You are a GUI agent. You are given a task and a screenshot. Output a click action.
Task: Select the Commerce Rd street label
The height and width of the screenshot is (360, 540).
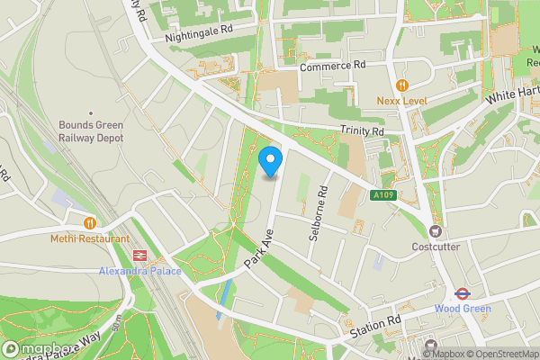333,67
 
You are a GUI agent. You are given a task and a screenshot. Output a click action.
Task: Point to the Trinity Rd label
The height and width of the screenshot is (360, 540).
362,131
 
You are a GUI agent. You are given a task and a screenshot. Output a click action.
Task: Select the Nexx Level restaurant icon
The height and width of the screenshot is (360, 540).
401,85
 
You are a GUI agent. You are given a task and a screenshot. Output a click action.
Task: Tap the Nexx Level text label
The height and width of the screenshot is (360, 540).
401,101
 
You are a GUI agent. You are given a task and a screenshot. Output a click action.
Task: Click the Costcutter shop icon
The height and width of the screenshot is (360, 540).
436,231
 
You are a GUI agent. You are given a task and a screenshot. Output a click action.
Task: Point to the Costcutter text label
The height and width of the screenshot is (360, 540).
436,247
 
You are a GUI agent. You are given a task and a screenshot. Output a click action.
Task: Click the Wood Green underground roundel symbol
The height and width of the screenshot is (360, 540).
461,292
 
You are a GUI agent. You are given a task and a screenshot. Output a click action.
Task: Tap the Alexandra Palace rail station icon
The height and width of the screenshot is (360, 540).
139,256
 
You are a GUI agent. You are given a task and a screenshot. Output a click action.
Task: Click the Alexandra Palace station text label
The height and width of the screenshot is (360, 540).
139,271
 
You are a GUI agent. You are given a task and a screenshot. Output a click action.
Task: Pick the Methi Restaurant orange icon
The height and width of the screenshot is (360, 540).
89,222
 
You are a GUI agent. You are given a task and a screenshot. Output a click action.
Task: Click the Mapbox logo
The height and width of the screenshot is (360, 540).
39,348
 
